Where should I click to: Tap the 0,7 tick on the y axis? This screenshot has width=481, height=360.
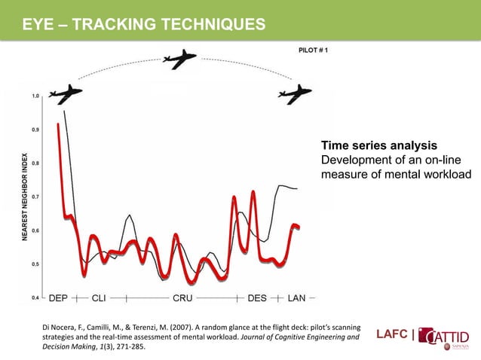35,197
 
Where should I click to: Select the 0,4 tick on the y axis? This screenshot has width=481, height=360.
35,297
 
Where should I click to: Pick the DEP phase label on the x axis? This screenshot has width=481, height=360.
59,297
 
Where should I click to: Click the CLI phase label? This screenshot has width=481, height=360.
99,297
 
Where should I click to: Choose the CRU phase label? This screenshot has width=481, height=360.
183,297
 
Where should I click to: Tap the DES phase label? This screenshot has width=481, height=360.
257,297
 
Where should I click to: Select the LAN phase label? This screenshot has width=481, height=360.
297,297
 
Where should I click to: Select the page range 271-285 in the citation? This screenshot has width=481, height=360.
125,348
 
